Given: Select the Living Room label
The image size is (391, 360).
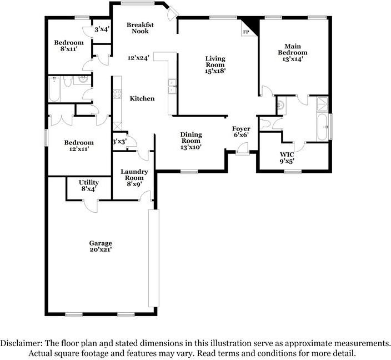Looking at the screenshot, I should coord(215,64).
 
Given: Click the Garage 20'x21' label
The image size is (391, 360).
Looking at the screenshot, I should coord(101,247).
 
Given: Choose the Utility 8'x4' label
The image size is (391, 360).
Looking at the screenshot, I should coord(88,186).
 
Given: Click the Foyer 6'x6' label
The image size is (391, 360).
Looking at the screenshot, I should coord(241,132).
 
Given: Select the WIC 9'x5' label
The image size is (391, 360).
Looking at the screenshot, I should coord(287,157).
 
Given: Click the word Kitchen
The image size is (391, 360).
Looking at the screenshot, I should coord(142,98).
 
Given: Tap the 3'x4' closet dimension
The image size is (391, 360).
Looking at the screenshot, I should coord(102,29).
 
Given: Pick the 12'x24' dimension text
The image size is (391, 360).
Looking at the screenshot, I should coord(139,57).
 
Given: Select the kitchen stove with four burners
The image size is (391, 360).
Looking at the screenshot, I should coord(117,95).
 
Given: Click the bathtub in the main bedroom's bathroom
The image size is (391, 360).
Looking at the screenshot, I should coord(323,127).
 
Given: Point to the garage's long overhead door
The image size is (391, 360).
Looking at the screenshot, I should coord(153,258).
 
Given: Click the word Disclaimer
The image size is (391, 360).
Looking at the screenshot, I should coord(22,343).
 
